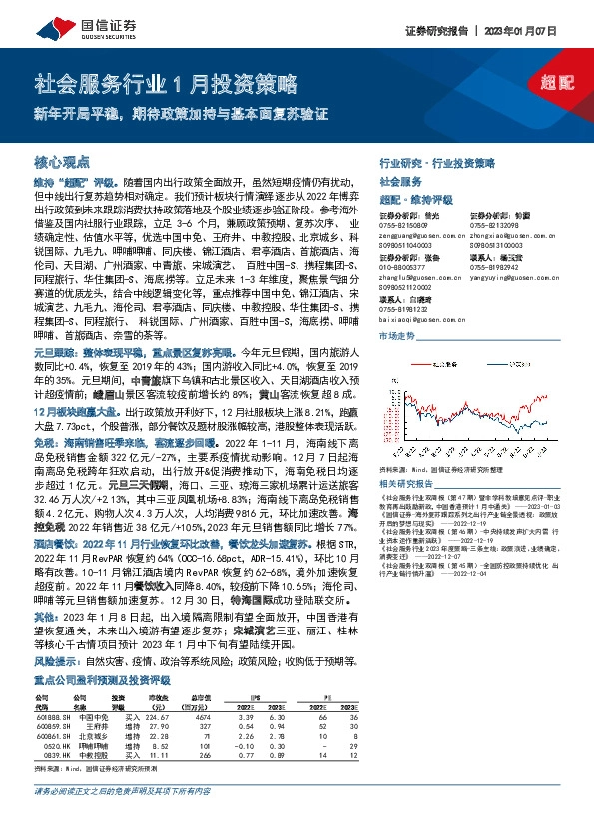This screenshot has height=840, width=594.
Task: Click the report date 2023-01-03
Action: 530,478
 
